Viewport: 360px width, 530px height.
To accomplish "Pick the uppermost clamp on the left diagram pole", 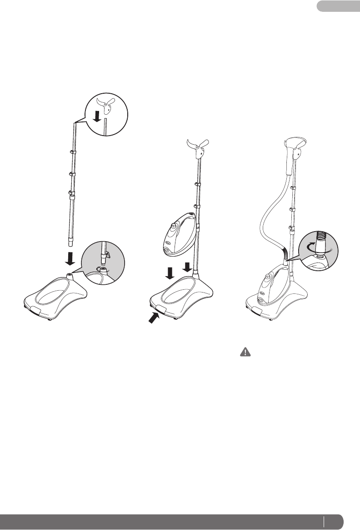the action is coord(72,151).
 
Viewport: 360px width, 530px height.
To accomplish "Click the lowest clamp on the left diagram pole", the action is coord(71,194).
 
